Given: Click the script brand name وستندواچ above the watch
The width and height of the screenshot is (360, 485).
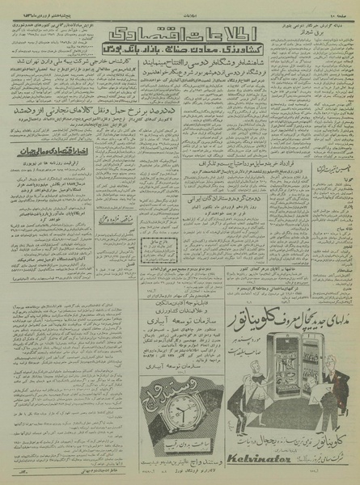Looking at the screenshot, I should click(x=169, y=394).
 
